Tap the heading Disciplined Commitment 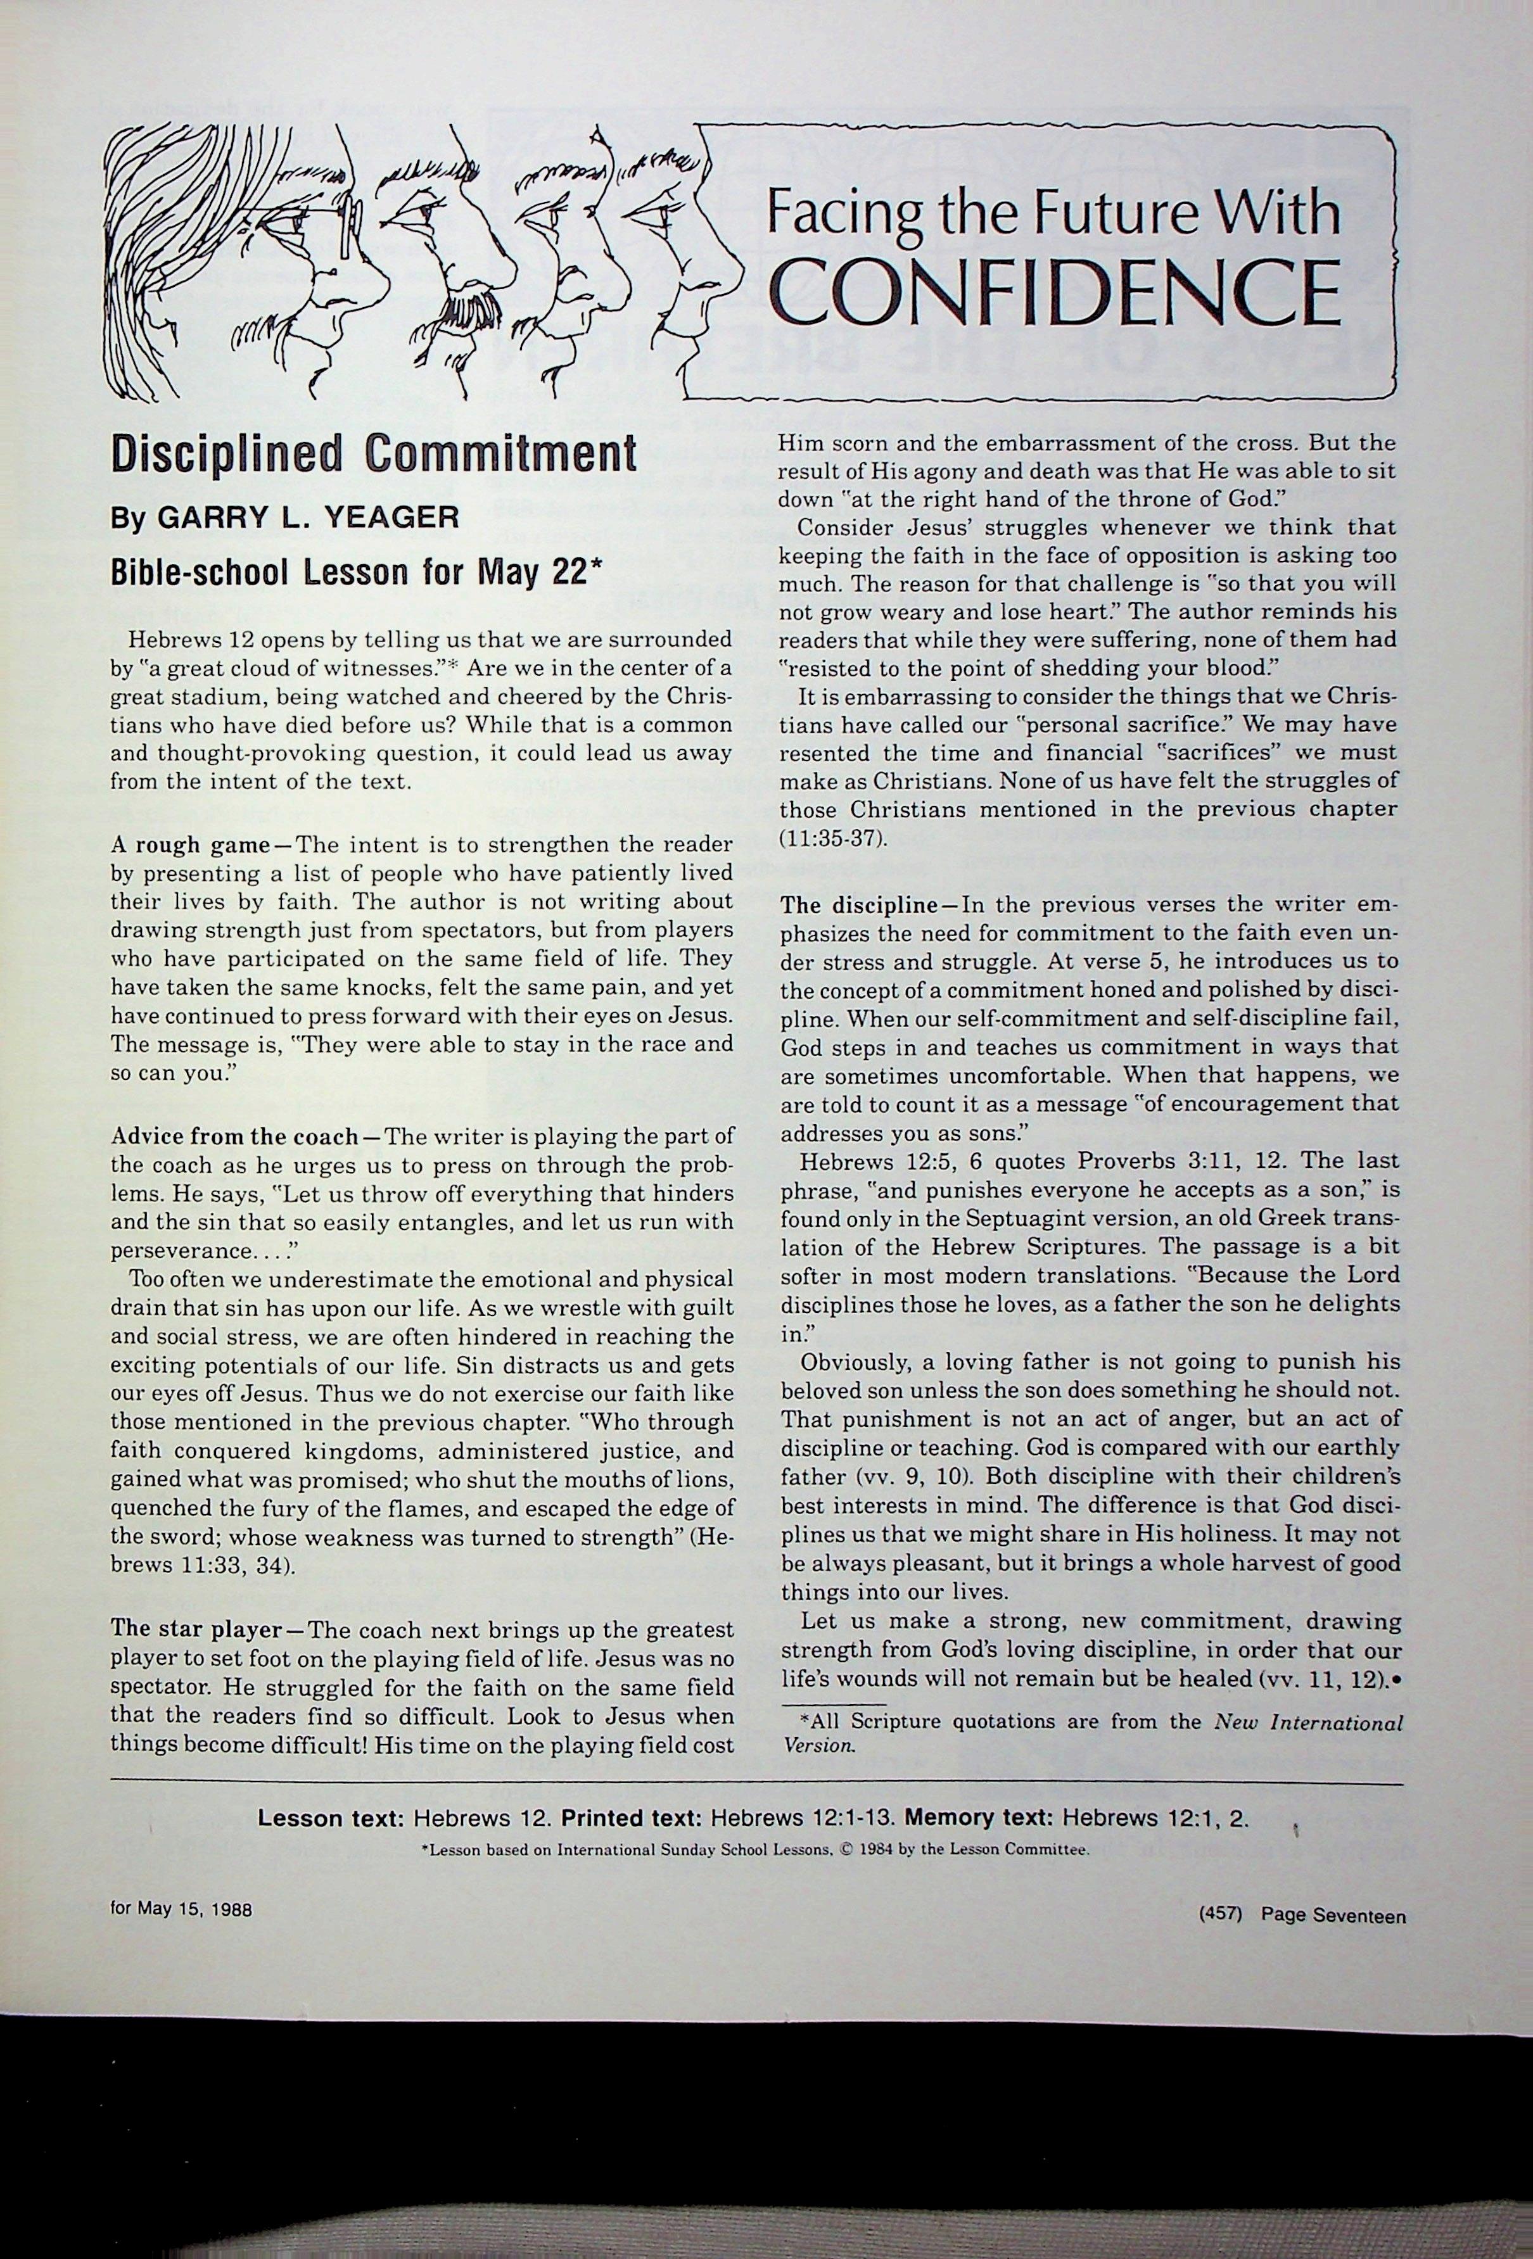click(374, 453)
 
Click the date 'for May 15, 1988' click(182, 1909)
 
